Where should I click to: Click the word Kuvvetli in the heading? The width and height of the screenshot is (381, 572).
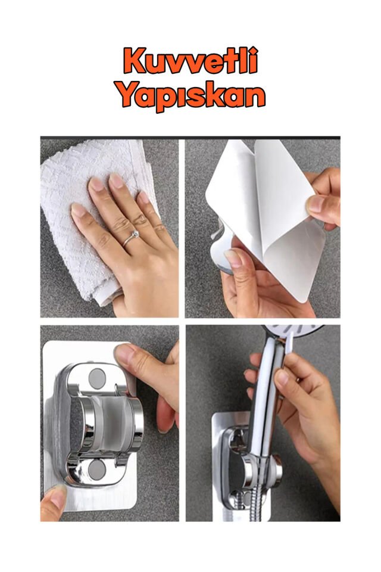click(x=190, y=61)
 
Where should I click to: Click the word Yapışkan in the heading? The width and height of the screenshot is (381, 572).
click(x=190, y=95)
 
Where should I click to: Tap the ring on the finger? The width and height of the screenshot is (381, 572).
click(x=131, y=238)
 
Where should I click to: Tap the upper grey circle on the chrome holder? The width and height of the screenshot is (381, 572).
click(x=98, y=378)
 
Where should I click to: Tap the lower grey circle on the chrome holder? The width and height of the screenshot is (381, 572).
click(x=97, y=470)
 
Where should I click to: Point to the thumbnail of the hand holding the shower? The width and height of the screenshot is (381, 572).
click(x=282, y=378)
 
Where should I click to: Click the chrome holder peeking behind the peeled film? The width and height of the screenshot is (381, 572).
click(x=221, y=248)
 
